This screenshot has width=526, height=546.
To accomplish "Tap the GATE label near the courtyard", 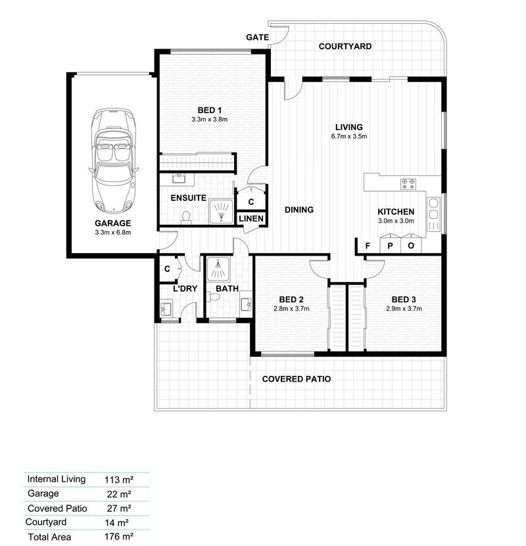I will pos(257,37).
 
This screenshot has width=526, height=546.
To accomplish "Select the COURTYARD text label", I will pos(345,47).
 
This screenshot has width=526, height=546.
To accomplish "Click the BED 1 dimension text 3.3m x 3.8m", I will pos(209,120).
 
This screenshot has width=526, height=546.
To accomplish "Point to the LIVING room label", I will pos(348,127).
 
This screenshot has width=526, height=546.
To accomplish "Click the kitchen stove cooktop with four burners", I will pos(408,184).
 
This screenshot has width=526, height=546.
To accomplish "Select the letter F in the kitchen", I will pos(368,246).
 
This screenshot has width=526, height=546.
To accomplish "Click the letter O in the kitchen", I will pos(412,246).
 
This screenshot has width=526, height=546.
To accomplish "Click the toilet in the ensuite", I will pos(185,217).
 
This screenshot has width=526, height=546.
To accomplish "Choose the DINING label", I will pos(299,210).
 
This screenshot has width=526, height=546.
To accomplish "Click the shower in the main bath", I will pos(217,269).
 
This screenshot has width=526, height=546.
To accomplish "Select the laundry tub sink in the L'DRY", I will pos(166,307).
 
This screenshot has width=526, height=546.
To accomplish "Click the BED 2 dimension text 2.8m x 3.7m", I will pos(291,308).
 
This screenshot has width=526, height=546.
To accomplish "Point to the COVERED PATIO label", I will pos(296,379).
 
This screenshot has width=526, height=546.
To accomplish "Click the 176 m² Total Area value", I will pos(118,537).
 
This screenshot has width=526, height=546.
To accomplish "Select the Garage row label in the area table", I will pos(43,493).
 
